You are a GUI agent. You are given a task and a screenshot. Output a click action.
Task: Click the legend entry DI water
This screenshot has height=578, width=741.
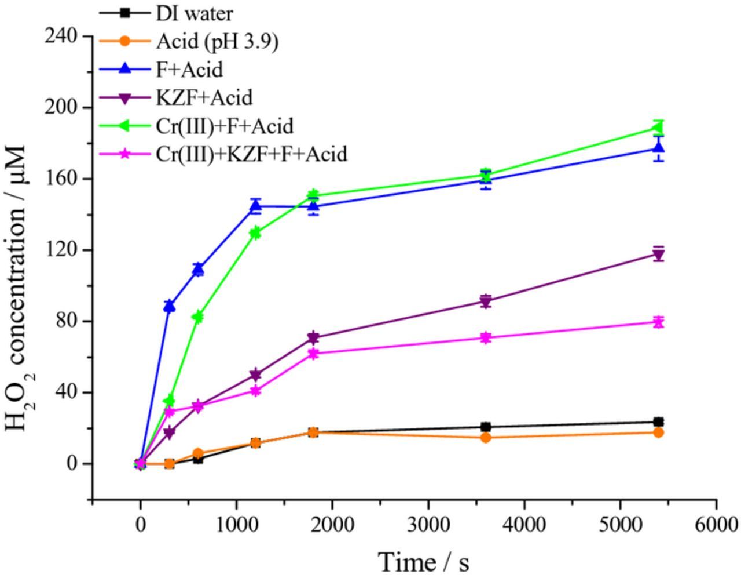(x=194, y=13)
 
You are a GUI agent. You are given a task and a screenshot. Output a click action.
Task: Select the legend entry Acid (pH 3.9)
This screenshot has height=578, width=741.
(x=217, y=41)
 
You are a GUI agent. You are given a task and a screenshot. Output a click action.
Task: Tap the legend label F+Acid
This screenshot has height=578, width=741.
(x=189, y=70)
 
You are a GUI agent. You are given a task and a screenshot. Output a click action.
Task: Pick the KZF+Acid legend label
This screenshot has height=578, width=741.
(x=204, y=97)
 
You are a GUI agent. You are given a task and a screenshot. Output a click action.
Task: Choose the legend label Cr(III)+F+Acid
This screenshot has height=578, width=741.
(x=225, y=126)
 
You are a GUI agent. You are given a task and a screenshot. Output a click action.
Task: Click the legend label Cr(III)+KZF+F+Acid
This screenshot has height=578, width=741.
(x=251, y=154)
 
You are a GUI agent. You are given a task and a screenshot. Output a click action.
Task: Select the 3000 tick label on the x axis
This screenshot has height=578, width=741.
(x=428, y=524)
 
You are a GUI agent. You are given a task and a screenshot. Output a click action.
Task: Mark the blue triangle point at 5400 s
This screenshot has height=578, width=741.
(x=658, y=148)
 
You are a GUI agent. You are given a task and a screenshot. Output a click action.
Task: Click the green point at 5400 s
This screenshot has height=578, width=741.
(x=658, y=129)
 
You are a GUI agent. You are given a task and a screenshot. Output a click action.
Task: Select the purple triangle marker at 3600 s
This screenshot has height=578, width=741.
(x=486, y=301)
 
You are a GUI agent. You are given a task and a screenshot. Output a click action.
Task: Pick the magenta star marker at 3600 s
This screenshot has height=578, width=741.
(x=486, y=338)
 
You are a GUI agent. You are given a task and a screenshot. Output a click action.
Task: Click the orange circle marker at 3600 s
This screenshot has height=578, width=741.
(x=486, y=438)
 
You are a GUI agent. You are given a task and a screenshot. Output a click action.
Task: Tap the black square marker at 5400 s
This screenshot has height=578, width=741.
(x=658, y=422)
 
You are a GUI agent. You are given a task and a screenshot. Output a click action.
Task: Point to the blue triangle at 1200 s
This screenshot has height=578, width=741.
(x=255, y=205)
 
